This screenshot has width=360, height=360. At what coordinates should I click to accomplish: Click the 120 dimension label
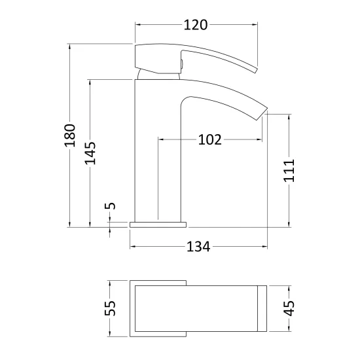coord(196,25)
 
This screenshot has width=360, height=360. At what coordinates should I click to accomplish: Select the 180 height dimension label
coord(70,135)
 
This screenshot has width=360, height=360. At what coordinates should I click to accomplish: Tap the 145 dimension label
coord(90,153)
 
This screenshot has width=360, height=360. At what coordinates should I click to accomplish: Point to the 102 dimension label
coord(210,139)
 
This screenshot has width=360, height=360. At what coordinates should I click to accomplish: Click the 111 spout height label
coord(289,170)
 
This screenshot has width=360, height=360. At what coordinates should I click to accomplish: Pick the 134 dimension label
coord(198,247)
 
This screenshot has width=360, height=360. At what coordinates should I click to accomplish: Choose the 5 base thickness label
coord(110,206)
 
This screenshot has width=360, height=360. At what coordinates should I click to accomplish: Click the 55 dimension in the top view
coord(110,308)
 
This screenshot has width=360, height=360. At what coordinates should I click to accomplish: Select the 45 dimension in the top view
coord(289,308)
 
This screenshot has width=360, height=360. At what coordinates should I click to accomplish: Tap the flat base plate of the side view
coord(158,225)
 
